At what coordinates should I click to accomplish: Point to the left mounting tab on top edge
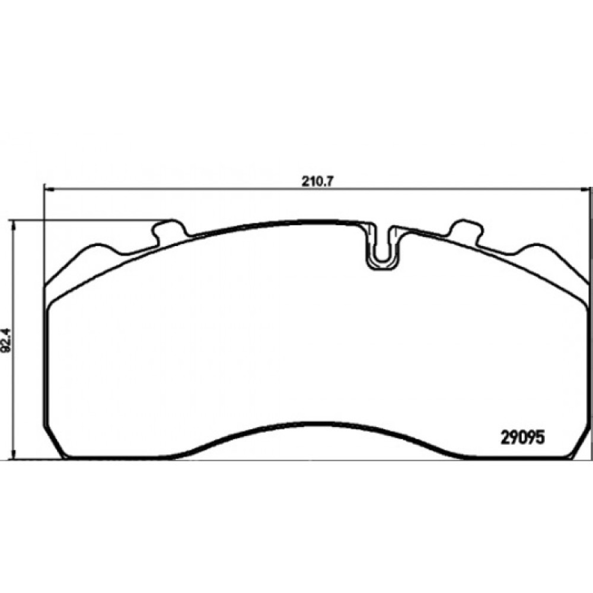pos(168,230)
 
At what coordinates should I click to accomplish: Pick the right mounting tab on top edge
pos(467,230)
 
